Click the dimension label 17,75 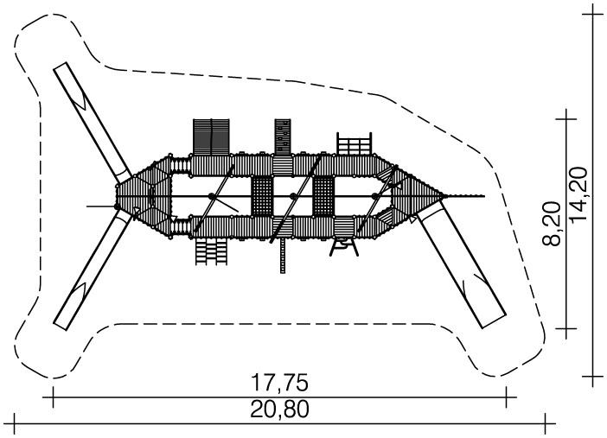279,383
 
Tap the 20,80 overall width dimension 279,409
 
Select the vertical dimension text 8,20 552,224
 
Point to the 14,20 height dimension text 579,194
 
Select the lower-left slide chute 93,271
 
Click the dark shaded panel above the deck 211,136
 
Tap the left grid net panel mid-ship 263,196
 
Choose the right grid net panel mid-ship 323,196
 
